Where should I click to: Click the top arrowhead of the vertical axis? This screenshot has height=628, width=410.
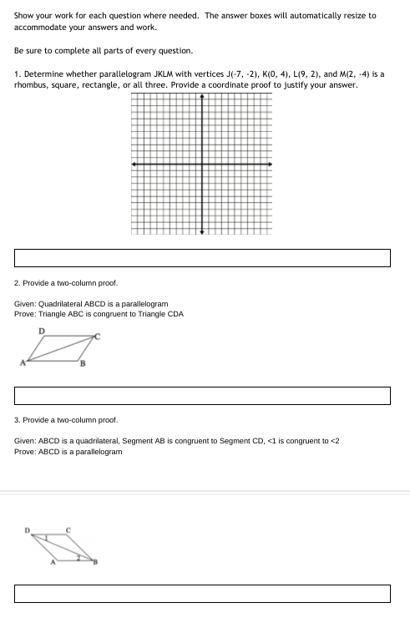click(x=201, y=96)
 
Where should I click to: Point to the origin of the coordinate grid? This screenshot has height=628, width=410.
click(x=201, y=165)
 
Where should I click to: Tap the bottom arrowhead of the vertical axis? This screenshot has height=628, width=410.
click(x=201, y=232)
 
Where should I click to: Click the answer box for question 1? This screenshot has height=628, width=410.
click(x=202, y=258)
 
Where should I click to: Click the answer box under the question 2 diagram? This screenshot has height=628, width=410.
click(x=202, y=395)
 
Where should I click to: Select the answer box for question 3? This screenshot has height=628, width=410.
click(x=202, y=594)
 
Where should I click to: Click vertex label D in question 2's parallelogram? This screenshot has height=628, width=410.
click(x=42, y=332)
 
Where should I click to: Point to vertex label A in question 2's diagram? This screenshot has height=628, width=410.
click(x=23, y=362)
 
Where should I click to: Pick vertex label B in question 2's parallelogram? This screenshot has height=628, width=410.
click(x=82, y=365)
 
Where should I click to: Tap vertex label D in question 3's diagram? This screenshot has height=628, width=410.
click(x=26, y=529)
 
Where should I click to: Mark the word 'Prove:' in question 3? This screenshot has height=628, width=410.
click(x=25, y=452)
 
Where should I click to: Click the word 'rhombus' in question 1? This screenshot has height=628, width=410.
click(x=32, y=85)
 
